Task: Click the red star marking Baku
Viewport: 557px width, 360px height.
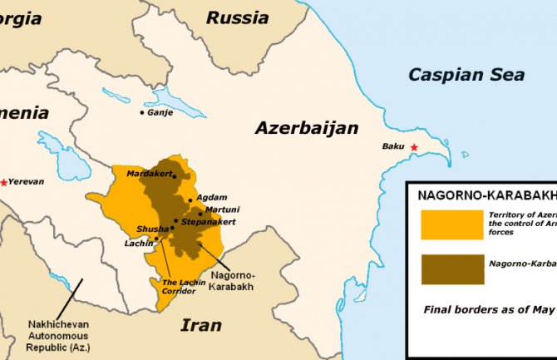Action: click(415, 148)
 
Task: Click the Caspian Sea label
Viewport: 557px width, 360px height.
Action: click(466, 75)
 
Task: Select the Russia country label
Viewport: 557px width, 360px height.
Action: click(238, 17)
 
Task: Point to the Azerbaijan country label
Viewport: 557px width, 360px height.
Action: click(307, 128)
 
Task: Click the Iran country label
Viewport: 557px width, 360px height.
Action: click(201, 325)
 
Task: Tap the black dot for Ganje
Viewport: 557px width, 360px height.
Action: click(142, 112)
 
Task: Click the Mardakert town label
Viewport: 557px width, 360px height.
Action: click(148, 174)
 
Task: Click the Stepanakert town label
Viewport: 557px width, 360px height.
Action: click(209, 222)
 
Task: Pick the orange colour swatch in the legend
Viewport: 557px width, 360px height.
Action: click(451, 224)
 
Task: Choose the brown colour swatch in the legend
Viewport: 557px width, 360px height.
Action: click(451, 269)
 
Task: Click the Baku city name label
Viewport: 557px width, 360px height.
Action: click(393, 147)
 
